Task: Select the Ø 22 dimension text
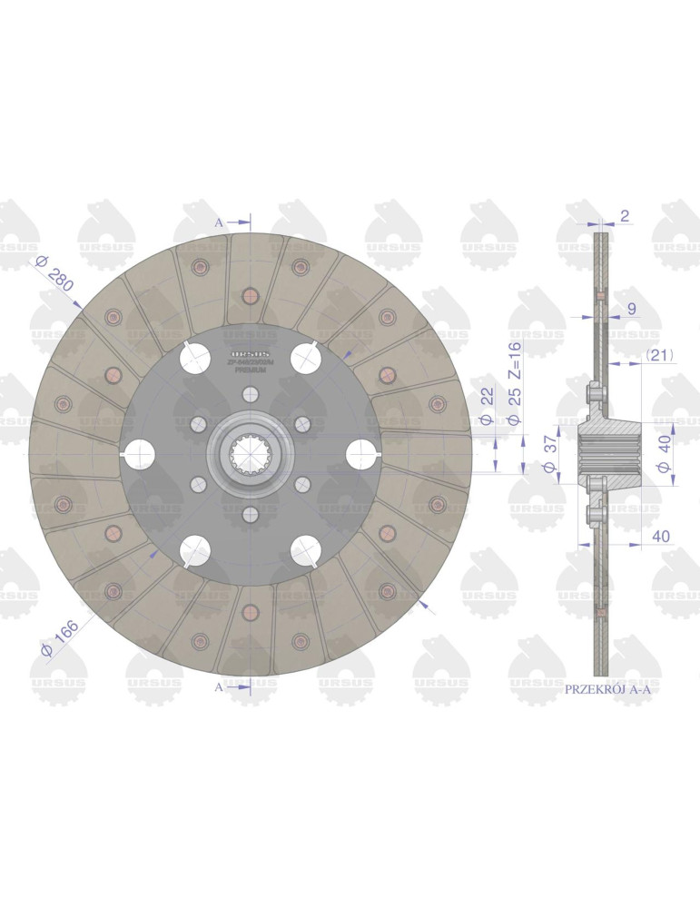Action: pos(486,407)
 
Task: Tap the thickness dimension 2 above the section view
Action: pos(626,215)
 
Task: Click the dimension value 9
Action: pos(631,310)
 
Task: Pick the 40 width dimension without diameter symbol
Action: pos(660,537)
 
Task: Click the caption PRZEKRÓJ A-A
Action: pos(607,690)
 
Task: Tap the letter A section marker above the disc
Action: pos(219,222)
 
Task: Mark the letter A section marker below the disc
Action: pos(219,687)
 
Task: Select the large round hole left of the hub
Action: pos(140,454)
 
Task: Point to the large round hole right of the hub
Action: pos(362,454)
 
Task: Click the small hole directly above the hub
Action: pos(251,394)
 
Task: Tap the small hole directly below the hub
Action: pos(251,514)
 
